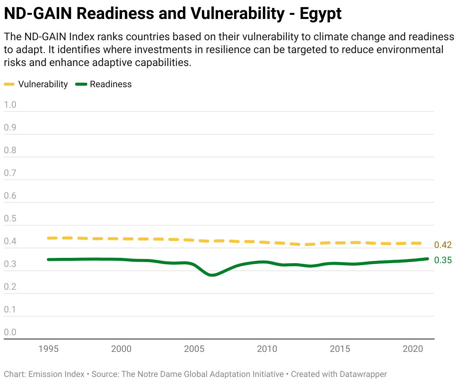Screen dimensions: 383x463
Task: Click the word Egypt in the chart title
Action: (x=321, y=14)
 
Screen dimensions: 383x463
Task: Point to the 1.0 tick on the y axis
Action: (x=10, y=105)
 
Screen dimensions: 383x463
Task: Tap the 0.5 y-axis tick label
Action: (x=10, y=218)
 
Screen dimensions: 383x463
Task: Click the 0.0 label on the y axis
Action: (x=10, y=332)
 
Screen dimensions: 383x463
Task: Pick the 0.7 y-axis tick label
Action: (x=10, y=173)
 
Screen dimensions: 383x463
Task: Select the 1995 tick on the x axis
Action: (x=49, y=349)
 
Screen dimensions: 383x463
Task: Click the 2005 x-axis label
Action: (x=194, y=349)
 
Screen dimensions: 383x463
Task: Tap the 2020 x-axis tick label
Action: (x=413, y=349)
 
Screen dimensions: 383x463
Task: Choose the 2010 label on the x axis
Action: (x=267, y=349)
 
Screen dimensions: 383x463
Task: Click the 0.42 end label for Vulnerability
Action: (x=443, y=245)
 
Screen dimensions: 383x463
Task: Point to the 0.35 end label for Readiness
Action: (x=443, y=260)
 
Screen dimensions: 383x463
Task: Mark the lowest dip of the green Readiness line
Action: (x=212, y=275)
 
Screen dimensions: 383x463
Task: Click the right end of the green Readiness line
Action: (x=427, y=259)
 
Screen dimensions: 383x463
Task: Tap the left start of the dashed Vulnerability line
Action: (x=49, y=238)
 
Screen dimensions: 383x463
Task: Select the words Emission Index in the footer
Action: (x=57, y=374)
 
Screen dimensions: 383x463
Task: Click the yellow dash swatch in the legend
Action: (x=9, y=84)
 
